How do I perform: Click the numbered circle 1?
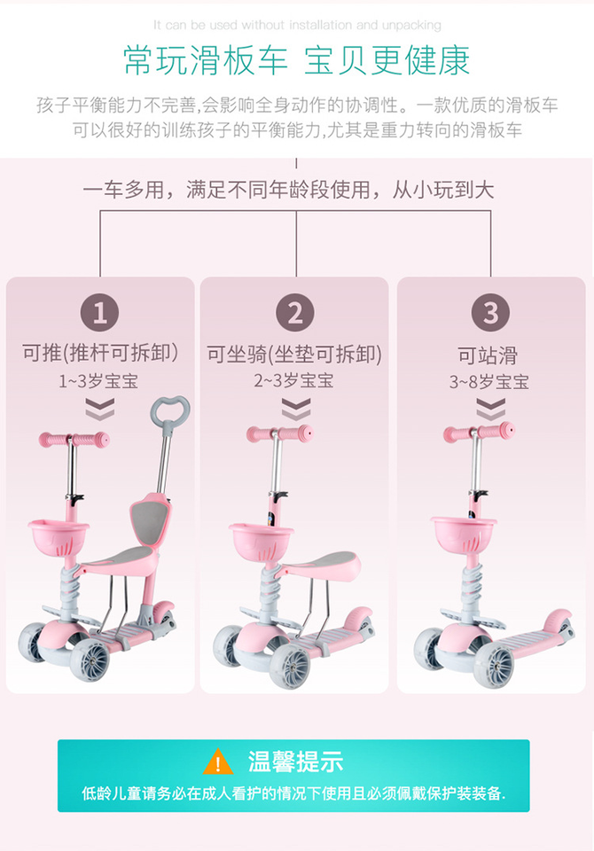(x=100, y=312)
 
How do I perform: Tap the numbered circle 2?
(x=295, y=312)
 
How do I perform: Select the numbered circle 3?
(x=490, y=312)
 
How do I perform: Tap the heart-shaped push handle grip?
(x=169, y=410)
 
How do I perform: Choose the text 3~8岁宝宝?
(x=489, y=382)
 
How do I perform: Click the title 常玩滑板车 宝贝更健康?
(x=296, y=60)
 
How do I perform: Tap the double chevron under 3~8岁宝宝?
(x=490, y=409)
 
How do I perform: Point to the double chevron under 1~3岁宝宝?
(x=99, y=409)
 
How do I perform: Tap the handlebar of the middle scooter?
(x=279, y=434)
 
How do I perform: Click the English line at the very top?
(x=296, y=25)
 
